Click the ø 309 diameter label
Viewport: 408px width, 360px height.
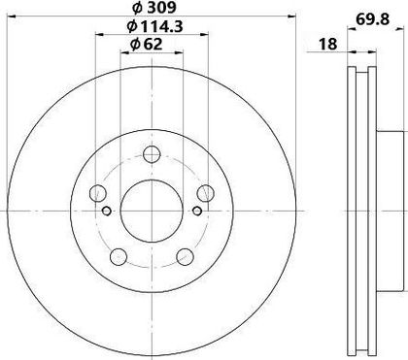(x=154, y=8)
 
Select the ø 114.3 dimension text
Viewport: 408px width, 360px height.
(x=155, y=26)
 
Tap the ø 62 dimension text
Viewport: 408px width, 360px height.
(x=146, y=44)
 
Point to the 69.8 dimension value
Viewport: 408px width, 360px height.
(x=372, y=19)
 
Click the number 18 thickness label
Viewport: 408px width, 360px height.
(x=328, y=44)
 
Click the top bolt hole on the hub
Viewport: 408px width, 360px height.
(x=152, y=154)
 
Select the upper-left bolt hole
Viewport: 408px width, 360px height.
(x=98, y=193)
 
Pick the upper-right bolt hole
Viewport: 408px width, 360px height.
(x=206, y=193)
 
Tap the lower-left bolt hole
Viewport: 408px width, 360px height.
(x=119, y=257)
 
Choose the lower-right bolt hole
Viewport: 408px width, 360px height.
(x=185, y=257)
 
